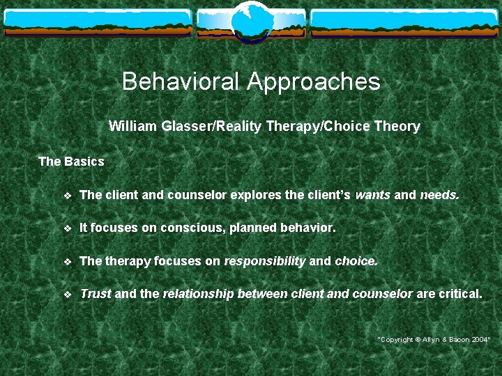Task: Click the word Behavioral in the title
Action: point(181,82)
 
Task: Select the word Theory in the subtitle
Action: point(397,127)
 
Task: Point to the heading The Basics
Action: point(71,162)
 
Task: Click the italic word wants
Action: point(373,195)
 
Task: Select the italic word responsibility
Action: point(264,261)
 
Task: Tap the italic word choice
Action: point(356,261)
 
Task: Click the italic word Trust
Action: point(96,294)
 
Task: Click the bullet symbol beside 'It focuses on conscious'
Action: point(67,228)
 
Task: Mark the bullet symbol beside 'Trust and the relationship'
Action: point(67,295)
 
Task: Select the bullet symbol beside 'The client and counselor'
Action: point(67,196)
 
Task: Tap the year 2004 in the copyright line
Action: point(480,339)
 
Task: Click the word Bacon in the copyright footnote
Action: point(455,339)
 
